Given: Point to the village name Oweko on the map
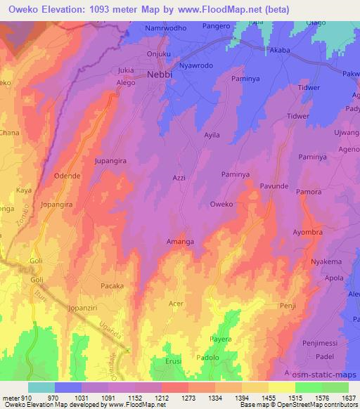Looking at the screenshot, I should click(x=222, y=204).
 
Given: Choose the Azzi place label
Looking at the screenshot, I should click(x=179, y=178).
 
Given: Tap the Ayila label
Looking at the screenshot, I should click(x=212, y=134).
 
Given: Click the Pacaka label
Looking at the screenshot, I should click(x=112, y=286).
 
